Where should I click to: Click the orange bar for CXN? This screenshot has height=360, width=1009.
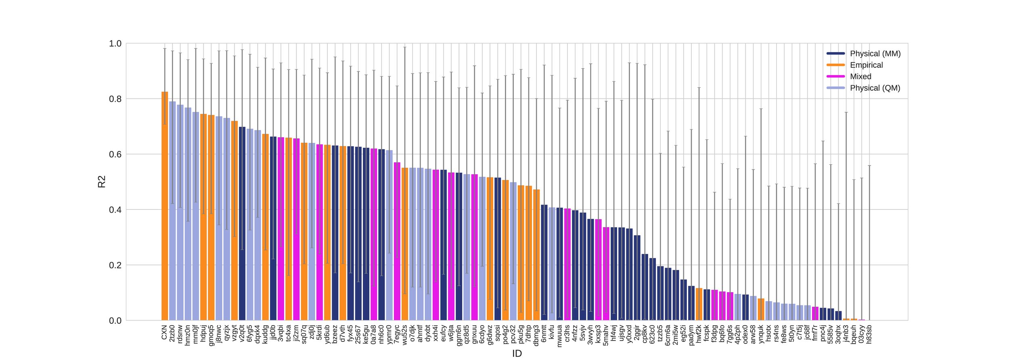[165, 206]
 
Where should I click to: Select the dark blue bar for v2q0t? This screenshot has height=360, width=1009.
[242, 224]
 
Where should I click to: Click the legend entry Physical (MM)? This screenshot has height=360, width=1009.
[875, 54]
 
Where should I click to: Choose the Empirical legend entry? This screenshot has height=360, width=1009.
[866, 65]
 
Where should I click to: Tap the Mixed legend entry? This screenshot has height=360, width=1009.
[860, 77]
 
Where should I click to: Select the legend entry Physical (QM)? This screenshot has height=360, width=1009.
[875, 88]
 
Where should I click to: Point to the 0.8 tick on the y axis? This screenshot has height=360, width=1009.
[115, 99]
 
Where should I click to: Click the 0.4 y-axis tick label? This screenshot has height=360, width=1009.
[115, 210]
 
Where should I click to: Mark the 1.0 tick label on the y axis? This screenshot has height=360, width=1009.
[115, 44]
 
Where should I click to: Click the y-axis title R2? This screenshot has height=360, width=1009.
[102, 182]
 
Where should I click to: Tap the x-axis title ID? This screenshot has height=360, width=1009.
[517, 354]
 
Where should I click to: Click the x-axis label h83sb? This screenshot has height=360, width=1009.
[869, 335]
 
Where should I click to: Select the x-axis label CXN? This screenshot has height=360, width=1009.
[164, 332]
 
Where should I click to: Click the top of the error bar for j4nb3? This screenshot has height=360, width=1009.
[846, 112]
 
